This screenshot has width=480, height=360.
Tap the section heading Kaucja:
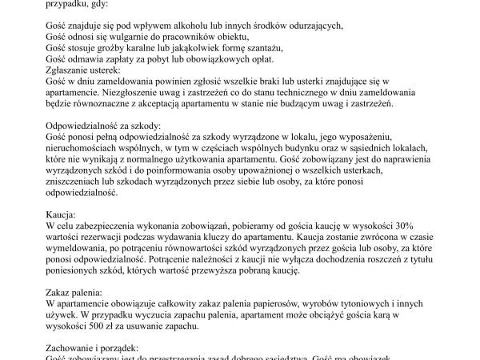[x=61, y=215]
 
